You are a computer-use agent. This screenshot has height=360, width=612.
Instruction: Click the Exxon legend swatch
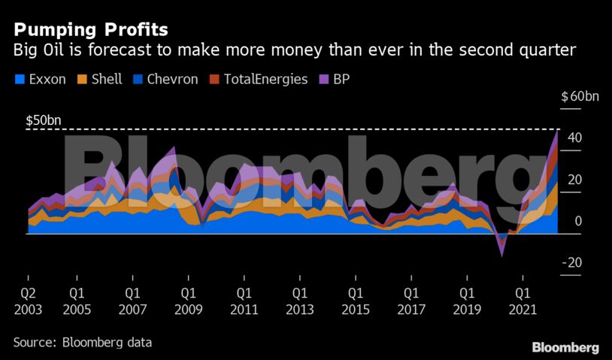point(18,79)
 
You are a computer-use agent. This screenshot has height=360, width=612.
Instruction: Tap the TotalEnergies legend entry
point(266,79)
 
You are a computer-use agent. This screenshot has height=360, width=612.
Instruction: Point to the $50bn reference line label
point(44,120)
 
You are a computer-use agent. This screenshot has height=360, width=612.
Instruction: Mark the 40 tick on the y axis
point(574,138)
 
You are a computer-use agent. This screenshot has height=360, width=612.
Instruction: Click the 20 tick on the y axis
point(574,180)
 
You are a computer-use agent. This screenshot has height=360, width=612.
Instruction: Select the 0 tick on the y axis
point(578,221)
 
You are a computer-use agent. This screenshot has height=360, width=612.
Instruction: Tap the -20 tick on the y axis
point(572,262)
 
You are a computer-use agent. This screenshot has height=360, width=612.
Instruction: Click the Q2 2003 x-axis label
point(29,299)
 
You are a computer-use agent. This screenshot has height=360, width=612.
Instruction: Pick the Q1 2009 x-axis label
point(188,299)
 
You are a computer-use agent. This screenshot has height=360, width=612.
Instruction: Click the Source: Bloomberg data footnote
point(83,342)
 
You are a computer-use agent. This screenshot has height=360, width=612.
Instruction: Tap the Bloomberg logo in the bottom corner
point(565,347)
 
